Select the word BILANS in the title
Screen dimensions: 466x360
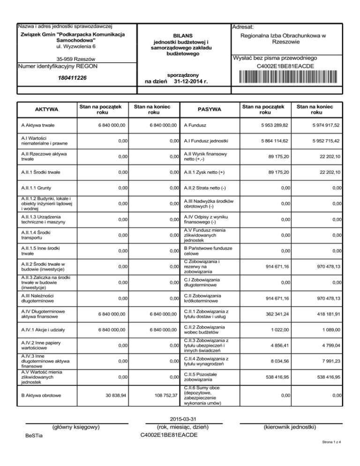click(x=182, y=36)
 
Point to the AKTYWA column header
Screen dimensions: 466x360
click(x=47, y=109)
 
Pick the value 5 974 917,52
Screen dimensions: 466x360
click(x=320, y=125)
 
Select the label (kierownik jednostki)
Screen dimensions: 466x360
click(x=289, y=427)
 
